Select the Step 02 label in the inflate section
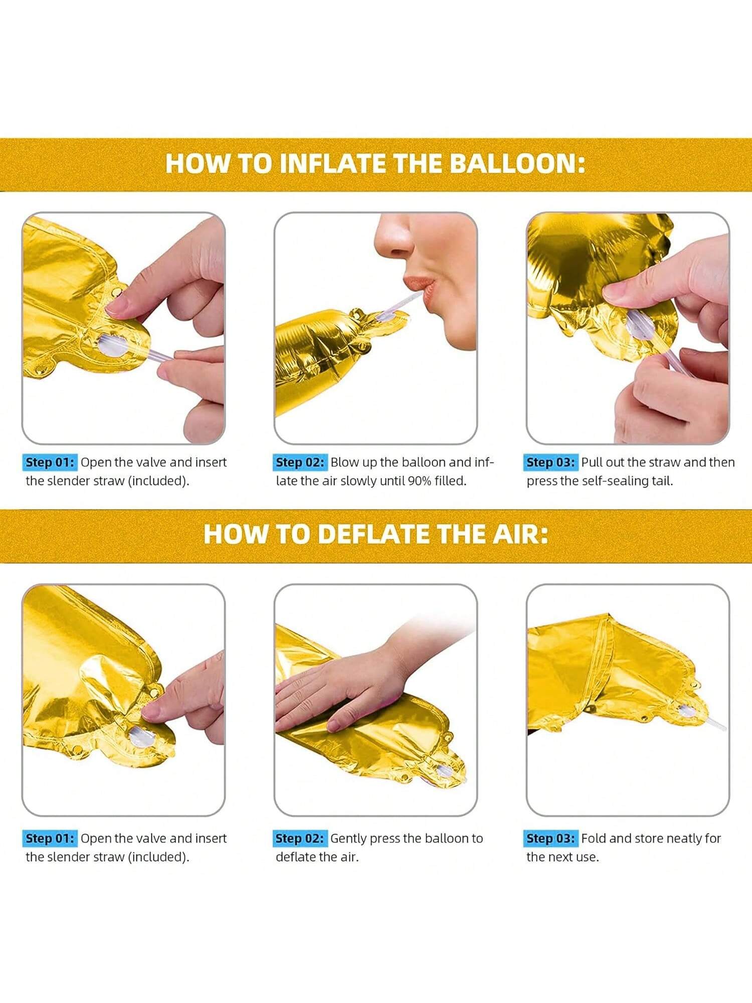coord(300,462)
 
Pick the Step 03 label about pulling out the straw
coord(550,462)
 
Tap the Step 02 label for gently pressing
coord(300,839)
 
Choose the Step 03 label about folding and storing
coord(550,839)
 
